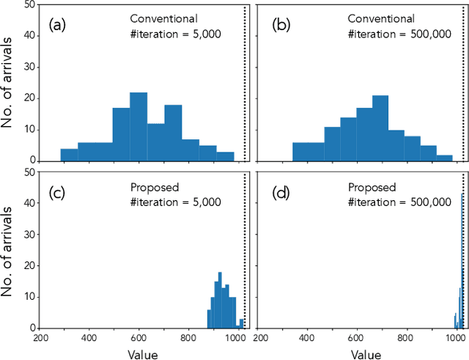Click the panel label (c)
58,194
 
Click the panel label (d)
282,194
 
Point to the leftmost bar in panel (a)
69,155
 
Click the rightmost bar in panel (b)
444,158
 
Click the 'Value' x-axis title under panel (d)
365,354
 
